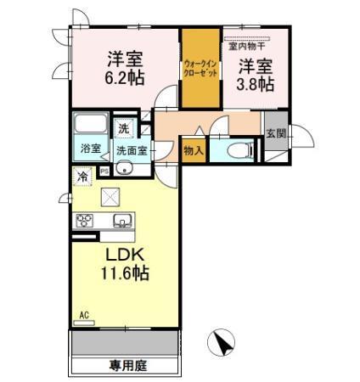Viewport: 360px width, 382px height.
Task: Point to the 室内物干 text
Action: tap(245, 48)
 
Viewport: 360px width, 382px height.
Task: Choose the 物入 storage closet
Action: tap(193, 151)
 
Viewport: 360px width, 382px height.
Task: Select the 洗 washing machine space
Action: tap(125, 130)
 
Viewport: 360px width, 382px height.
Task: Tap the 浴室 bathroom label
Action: tap(90, 149)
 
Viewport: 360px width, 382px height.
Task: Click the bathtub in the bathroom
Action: tap(89, 124)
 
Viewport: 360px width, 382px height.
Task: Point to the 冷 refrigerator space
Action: tap(83, 177)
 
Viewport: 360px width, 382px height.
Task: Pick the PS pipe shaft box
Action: tap(104, 171)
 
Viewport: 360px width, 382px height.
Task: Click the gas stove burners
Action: tap(85, 222)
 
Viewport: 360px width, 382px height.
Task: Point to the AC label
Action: tap(84, 315)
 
